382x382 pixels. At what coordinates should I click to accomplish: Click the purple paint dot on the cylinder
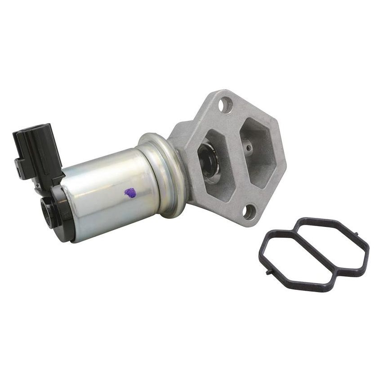point(130,193)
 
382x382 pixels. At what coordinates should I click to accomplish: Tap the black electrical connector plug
point(38,153)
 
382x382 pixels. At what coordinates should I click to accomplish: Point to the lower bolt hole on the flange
point(250,211)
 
